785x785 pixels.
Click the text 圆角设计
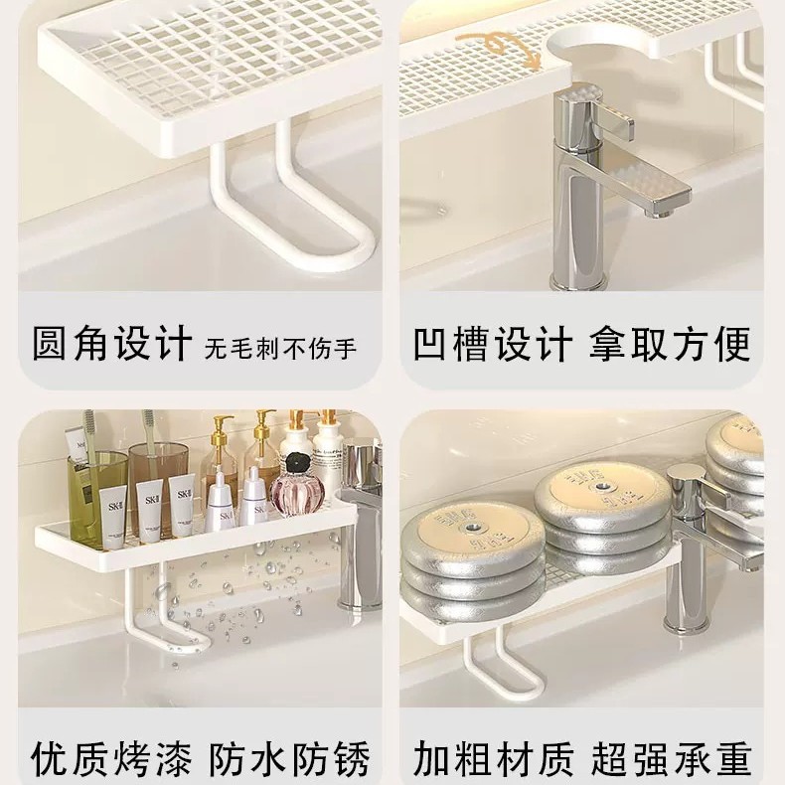112,343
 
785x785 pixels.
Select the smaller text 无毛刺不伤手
280,348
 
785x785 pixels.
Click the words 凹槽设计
493,344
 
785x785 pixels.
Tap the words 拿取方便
670,344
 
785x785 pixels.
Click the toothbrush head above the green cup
89,423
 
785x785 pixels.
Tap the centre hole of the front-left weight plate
471,528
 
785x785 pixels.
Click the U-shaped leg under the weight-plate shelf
501,661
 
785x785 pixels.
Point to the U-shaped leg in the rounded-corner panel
290,211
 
